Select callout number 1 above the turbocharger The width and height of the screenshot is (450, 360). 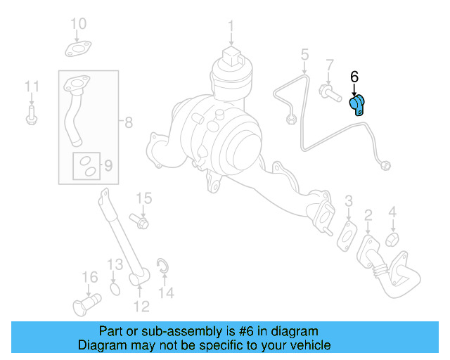230,27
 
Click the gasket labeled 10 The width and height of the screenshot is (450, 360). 77,49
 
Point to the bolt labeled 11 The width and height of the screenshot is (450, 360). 31,116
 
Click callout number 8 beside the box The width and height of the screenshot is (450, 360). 127,123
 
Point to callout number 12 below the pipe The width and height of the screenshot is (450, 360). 141,306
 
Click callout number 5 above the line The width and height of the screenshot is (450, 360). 304,54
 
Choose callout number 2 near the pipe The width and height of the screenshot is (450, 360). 368,214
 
